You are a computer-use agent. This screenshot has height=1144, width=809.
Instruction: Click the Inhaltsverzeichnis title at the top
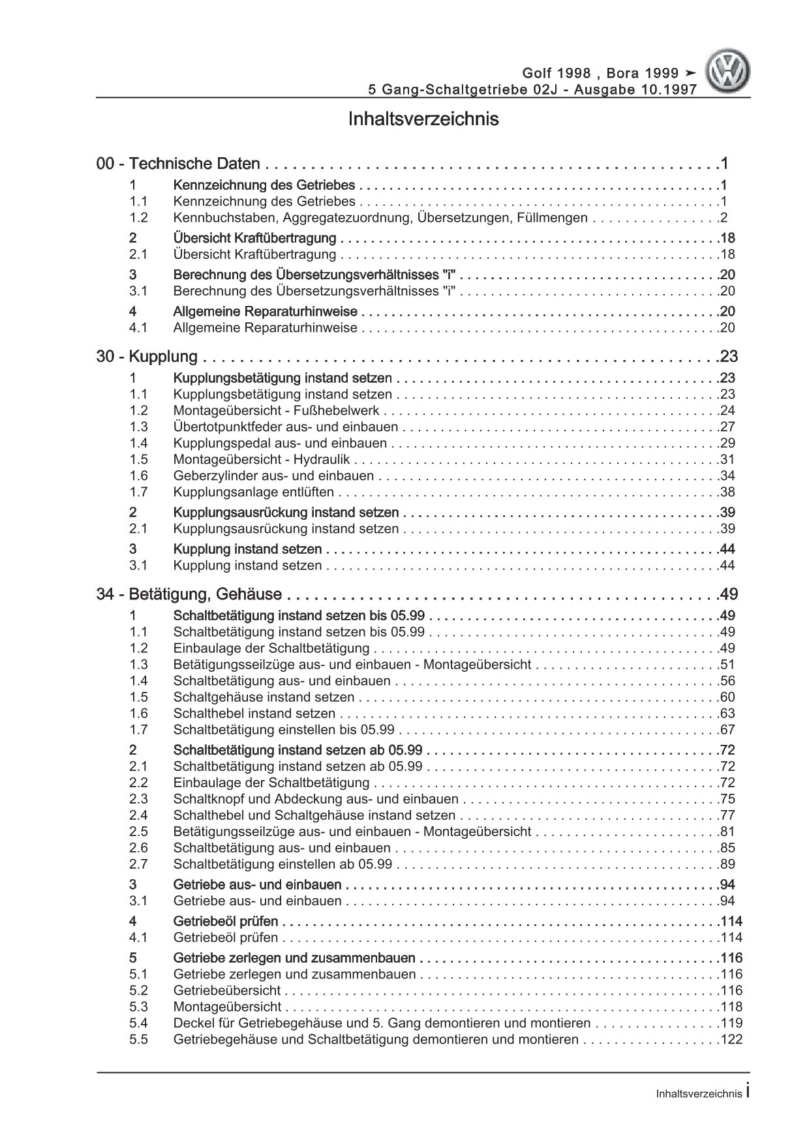(x=423, y=119)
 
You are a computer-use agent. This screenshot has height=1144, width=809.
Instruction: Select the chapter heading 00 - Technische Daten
(x=178, y=164)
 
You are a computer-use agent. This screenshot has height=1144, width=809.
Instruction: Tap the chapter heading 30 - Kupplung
(x=147, y=357)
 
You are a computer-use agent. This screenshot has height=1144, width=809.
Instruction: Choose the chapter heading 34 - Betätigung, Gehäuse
(x=189, y=594)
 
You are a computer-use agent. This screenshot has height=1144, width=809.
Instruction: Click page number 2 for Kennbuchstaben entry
(x=724, y=218)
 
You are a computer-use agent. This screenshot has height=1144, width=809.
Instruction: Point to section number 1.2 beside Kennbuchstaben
(x=138, y=218)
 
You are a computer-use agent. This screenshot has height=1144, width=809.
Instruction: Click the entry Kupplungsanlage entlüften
(x=254, y=492)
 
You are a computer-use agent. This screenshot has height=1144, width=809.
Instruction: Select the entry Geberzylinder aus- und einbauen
(x=274, y=476)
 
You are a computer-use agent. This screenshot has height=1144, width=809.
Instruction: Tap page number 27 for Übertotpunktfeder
(x=727, y=427)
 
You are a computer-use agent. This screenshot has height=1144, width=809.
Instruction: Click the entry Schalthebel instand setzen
(x=254, y=714)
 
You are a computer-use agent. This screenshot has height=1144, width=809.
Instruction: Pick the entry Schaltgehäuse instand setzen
(x=264, y=697)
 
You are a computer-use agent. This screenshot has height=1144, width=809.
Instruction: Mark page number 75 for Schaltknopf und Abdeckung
(x=727, y=799)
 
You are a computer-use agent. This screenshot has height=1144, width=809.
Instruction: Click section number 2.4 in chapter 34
(x=138, y=815)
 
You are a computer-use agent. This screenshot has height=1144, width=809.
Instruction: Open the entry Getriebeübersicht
(x=227, y=991)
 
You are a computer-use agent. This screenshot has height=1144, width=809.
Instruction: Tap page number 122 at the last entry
(x=731, y=1040)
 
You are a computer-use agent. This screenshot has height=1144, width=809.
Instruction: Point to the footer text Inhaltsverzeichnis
(x=699, y=1094)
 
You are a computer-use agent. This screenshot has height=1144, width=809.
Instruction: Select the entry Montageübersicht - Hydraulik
(x=262, y=460)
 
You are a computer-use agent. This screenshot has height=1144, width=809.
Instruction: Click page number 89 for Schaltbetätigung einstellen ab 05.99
(x=727, y=864)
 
